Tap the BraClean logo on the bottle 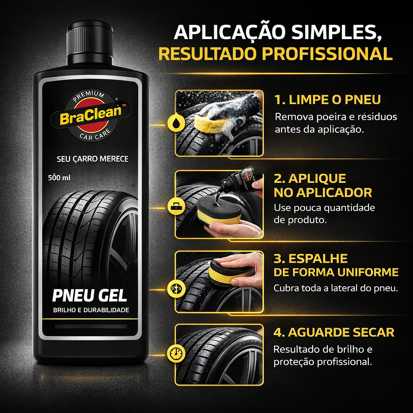coord(90,115)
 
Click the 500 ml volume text coord(59,177)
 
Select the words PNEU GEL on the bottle coord(90,296)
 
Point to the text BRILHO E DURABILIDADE coord(91,310)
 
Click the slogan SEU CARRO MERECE coord(92,159)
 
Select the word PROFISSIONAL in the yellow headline coord(327,54)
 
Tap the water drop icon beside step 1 coord(176,123)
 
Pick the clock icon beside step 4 coord(176,353)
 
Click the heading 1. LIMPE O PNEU coord(327,100)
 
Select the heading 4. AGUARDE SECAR coord(334,332)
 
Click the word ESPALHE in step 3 coord(318,259)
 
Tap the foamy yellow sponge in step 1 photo coord(211,123)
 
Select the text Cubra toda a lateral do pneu coord(335,288)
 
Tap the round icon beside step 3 coord(176,289)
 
